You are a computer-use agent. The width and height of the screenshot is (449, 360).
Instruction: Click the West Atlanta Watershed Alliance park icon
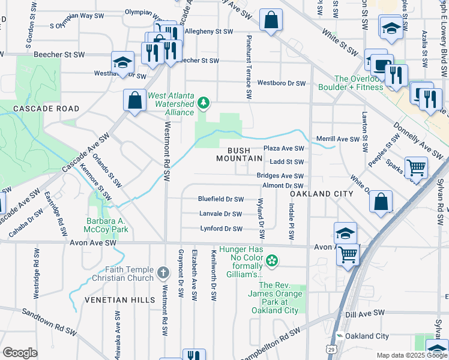coord(204,104)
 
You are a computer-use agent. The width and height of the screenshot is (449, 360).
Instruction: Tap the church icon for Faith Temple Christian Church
coord(163,274)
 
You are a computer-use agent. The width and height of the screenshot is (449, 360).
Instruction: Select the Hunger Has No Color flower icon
coord(272,260)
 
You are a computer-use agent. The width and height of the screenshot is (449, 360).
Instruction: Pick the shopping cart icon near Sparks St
coord(416,167)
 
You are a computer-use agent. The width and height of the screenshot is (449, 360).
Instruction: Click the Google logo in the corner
coord(20,353)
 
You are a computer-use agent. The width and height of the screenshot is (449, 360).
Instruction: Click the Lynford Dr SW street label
coord(221,229)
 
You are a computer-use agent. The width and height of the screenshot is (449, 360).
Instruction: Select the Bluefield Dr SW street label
coord(221,199)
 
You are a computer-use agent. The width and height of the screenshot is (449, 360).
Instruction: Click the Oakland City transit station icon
coord(340,336)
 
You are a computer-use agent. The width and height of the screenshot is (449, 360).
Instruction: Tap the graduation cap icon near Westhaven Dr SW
coord(122,62)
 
